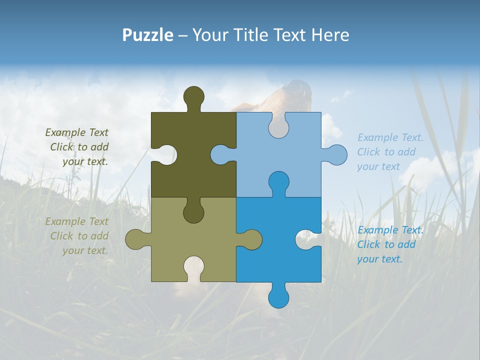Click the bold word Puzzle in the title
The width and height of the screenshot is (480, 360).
pyautogui.click(x=148, y=35)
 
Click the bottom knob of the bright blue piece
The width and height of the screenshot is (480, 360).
pyautogui.click(x=278, y=296)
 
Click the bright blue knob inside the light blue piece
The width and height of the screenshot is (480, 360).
pyautogui.click(x=278, y=182)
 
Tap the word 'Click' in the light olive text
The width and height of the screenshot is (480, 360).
pyautogui.click(x=62, y=236)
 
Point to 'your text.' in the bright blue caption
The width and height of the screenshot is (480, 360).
pyautogui.click(x=379, y=259)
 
